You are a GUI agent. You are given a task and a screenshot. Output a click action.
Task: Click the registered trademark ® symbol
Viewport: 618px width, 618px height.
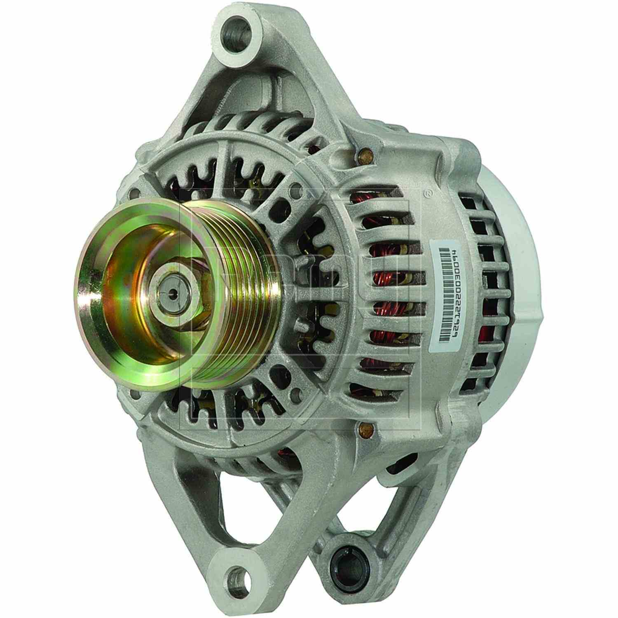pos(428,192)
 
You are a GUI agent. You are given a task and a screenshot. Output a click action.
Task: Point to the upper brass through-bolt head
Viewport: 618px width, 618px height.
pos(365,155)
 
